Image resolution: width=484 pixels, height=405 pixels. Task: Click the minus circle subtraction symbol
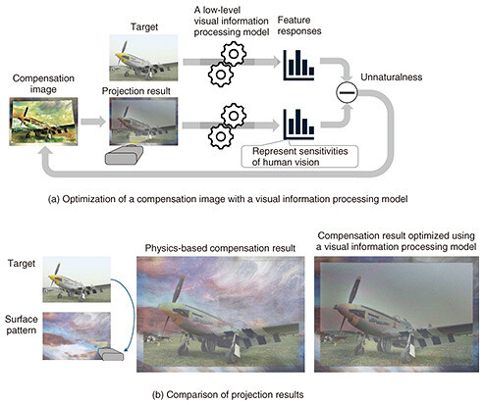[x=347, y=92]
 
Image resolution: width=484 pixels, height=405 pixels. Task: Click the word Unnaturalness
[x=392, y=77]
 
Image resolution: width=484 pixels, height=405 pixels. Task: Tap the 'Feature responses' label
[x=299, y=25]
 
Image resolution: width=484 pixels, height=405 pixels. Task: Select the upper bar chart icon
[x=298, y=65]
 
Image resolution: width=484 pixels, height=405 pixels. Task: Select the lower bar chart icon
[x=298, y=124]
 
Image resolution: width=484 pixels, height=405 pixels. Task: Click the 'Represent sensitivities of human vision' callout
[x=299, y=157]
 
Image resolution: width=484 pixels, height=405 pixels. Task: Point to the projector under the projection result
[x=124, y=155]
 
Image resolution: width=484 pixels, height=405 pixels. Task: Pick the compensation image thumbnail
[x=43, y=122]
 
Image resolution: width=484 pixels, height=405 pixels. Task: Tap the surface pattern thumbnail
[x=77, y=336]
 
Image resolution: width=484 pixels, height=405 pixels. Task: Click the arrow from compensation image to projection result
[x=93, y=122]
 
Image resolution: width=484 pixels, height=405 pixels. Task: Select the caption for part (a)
[x=228, y=199]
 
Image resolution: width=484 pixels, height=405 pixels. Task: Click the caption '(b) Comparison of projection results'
[x=228, y=395]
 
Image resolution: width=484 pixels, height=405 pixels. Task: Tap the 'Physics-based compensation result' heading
[x=220, y=248]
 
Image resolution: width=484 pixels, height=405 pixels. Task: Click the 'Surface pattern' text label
[x=22, y=325]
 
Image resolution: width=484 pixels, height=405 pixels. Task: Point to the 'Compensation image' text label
[x=43, y=83]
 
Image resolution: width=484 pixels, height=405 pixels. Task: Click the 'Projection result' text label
[x=136, y=91]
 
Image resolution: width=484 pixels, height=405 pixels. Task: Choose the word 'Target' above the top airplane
[x=144, y=26]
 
